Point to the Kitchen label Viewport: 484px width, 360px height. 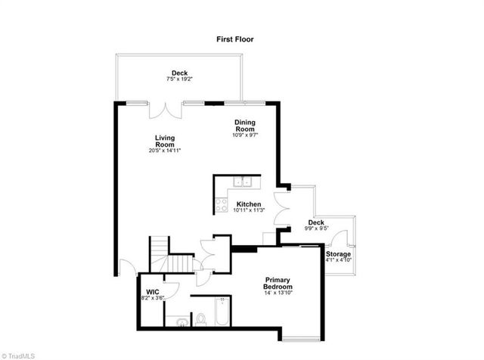pos(249,205)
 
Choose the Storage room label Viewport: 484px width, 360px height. pos(339,254)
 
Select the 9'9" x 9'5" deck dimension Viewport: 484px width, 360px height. pos(315,228)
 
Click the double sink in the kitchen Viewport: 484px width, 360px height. pos(243,182)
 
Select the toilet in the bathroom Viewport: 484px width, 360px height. pos(200,320)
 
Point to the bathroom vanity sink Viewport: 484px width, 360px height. pos(180,322)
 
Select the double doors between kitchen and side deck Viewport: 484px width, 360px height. pos(282,207)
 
